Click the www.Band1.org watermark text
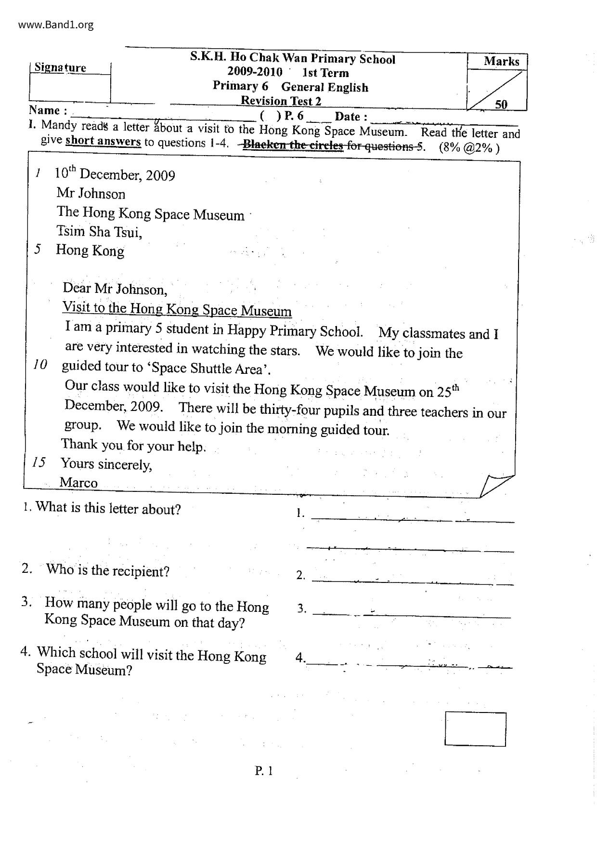pyautogui.click(x=56, y=25)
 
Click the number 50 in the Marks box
pyautogui.click(x=501, y=104)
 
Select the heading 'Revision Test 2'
pyautogui.click(x=281, y=101)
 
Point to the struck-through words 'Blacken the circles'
pyautogui.click(x=293, y=145)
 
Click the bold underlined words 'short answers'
pyautogui.click(x=103, y=142)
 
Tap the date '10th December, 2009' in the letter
pyautogui.click(x=115, y=174)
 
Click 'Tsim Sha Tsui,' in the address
pyautogui.click(x=99, y=232)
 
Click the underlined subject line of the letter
pyautogui.click(x=177, y=309)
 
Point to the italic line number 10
pyautogui.click(x=40, y=365)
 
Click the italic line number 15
pyautogui.click(x=39, y=462)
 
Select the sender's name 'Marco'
pyautogui.click(x=78, y=482)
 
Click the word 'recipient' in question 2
pyautogui.click(x=137, y=571)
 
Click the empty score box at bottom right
pyautogui.click(x=475, y=729)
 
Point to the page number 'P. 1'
pyautogui.click(x=264, y=771)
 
